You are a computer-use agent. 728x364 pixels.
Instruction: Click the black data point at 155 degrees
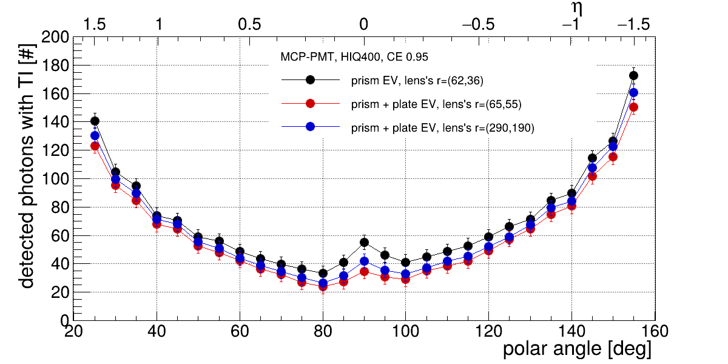point(633,76)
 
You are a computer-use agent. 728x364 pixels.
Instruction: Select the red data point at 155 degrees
point(633,107)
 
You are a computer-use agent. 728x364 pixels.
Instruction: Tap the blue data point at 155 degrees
point(633,92)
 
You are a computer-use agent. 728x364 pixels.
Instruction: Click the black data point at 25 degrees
point(95,121)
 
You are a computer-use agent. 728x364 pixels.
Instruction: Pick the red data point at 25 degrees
point(95,146)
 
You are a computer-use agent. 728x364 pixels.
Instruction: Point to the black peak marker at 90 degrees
point(364,243)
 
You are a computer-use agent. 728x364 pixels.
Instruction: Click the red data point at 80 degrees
point(323,286)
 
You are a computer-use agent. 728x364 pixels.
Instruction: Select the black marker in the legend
point(310,79)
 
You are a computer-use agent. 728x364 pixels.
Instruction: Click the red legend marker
point(310,104)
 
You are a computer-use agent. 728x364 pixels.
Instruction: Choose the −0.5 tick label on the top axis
point(479,25)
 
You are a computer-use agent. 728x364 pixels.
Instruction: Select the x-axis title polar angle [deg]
point(577,349)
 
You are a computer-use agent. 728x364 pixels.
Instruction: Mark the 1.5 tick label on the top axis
point(95,25)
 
